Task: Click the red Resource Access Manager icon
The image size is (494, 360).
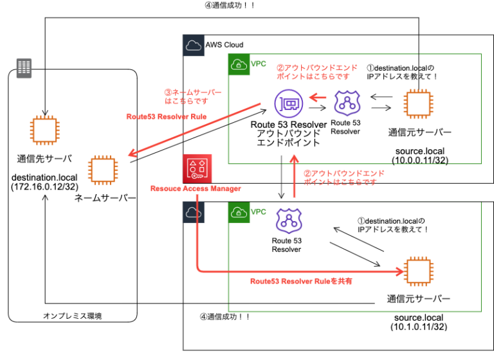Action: [195, 168]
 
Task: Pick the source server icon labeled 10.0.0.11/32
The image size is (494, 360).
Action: [419, 104]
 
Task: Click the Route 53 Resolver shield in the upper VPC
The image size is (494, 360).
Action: [348, 103]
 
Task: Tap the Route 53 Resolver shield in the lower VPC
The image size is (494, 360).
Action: [286, 221]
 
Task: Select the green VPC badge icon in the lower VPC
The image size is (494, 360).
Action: [239, 212]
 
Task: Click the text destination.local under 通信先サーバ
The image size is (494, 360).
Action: [44, 175]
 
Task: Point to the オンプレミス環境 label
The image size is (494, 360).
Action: [72, 316]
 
